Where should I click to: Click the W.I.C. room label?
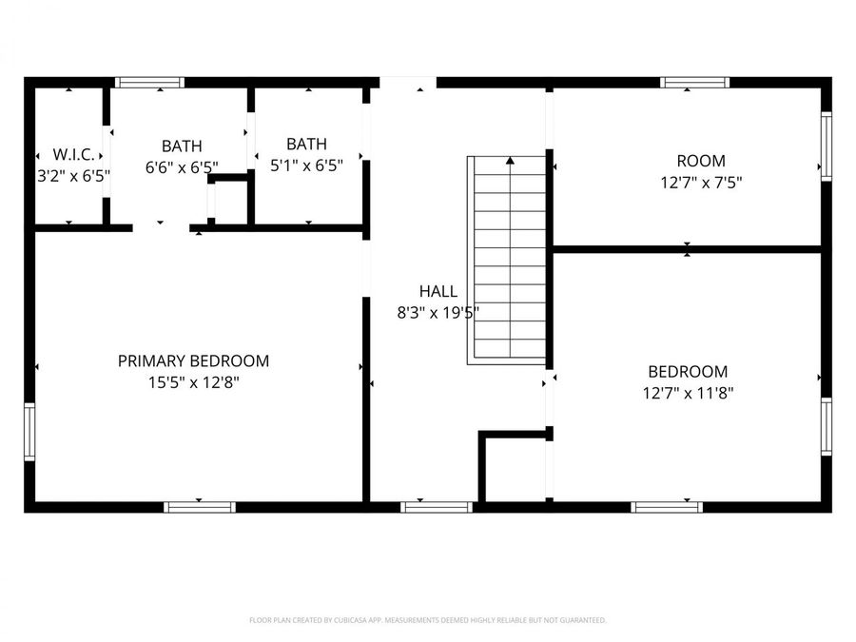(x=73, y=154)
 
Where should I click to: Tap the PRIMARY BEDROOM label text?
(x=193, y=361)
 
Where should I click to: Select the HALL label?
(x=438, y=292)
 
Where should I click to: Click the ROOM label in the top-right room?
(x=700, y=161)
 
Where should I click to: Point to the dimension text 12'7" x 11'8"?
(x=688, y=392)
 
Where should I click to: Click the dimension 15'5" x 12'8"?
(x=193, y=382)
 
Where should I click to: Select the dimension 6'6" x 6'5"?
(x=182, y=166)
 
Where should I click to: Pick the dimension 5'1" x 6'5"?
(x=306, y=165)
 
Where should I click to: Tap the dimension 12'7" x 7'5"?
(x=700, y=182)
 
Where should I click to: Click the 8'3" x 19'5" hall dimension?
(x=438, y=312)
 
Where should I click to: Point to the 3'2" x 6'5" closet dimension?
(x=73, y=175)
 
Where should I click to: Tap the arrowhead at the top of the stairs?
(x=511, y=162)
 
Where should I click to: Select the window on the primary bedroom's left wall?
(x=29, y=432)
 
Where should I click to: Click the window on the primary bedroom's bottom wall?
(x=200, y=507)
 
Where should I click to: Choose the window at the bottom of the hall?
(x=437, y=507)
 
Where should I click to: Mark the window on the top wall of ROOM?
(x=695, y=83)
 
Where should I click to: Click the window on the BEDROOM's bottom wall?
(x=667, y=507)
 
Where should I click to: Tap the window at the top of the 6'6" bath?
(x=149, y=83)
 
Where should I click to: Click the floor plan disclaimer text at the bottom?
(x=427, y=620)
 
